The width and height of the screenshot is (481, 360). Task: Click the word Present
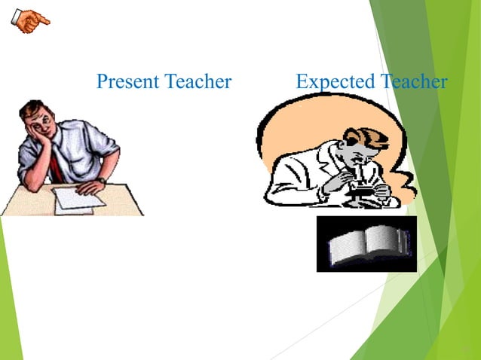pyautogui.click(x=125, y=81)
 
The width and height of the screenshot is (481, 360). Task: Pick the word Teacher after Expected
pyautogui.click(x=413, y=81)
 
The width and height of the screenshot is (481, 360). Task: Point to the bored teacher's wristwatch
pyautogui.click(x=100, y=180)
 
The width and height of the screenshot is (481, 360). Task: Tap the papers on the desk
pyautogui.click(x=75, y=199)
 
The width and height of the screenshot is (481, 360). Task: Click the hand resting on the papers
pyautogui.click(x=88, y=185)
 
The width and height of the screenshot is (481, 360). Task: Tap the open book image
pyautogui.click(x=366, y=243)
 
